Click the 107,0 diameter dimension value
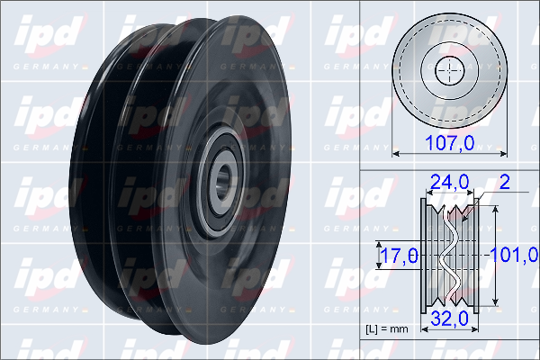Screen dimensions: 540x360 450,142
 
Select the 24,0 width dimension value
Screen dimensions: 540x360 449,182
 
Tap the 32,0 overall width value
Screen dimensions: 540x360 449,318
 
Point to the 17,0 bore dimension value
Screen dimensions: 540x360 400,256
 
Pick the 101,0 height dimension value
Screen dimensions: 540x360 514,255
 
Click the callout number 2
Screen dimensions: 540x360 505,182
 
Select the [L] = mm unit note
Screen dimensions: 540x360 387,329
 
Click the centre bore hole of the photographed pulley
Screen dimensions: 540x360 223,181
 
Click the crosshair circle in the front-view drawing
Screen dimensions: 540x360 449,70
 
